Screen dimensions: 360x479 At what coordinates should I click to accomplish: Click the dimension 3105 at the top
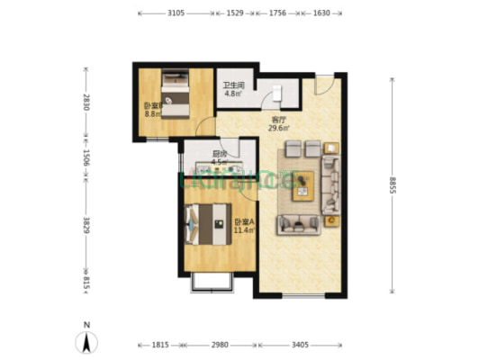coord(176,13)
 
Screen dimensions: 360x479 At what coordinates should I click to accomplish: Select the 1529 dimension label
coord(235,13)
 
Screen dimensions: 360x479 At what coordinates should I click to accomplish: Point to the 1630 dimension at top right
coord(321,13)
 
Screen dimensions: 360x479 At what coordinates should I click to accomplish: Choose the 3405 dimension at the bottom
coord(300,345)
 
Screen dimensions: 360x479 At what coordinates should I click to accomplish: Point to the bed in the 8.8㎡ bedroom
coord(176,96)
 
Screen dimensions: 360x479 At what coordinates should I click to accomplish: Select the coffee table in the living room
coord(301,182)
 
